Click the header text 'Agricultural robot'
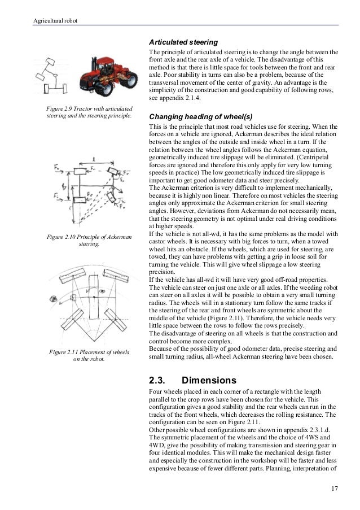(x=55, y=21)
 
